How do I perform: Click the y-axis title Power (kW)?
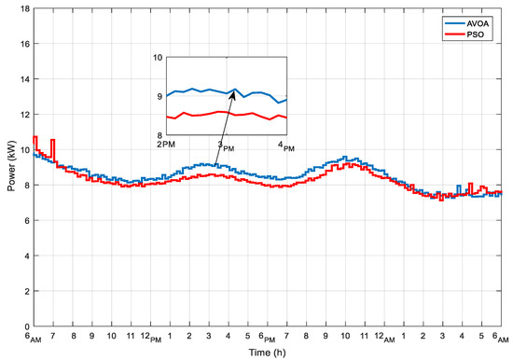[x=7, y=168]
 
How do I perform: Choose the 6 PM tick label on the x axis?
[x=270, y=336]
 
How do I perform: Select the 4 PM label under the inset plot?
[x=284, y=145]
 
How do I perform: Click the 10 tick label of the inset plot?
[x=158, y=57]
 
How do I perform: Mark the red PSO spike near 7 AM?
[x=52, y=142]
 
